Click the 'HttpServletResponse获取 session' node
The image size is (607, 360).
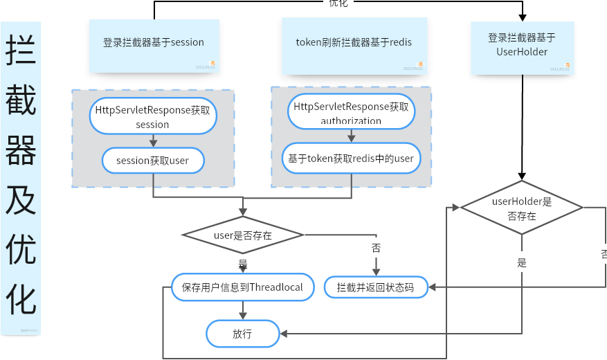click(x=153, y=116)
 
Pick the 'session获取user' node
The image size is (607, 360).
click(x=153, y=161)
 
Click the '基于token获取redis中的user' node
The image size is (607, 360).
click(x=351, y=159)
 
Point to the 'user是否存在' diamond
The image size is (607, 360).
click(x=242, y=235)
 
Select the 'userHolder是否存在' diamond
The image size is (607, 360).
click(x=522, y=208)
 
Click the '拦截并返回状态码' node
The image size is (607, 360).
click(x=376, y=287)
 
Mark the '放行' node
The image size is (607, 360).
click(x=242, y=334)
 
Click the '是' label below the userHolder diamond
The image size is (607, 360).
click(x=522, y=262)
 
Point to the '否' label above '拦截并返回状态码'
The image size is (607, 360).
click(x=376, y=248)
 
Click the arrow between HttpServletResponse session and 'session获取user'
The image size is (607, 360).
click(x=153, y=141)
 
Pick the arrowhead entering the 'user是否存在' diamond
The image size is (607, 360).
click(x=242, y=212)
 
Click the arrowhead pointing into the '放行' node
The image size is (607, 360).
click(x=283, y=334)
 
